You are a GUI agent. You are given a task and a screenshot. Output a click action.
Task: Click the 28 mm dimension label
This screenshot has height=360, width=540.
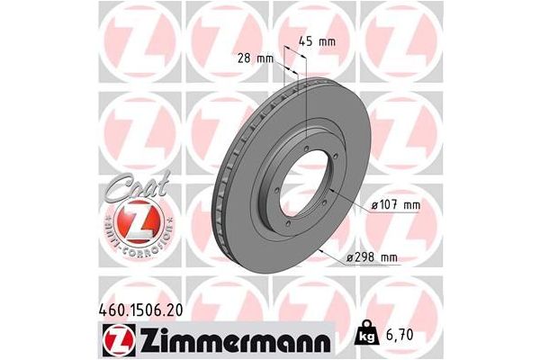point(256,58)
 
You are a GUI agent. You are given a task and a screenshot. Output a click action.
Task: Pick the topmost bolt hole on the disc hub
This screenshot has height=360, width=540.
point(306,138)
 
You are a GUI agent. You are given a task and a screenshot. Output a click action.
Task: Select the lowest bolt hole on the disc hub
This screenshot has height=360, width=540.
point(286,224)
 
